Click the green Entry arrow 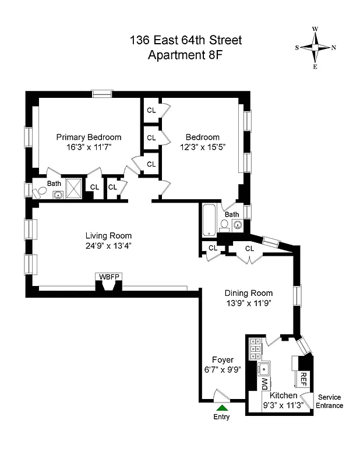[x=221, y=408]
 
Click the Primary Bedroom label [x=89, y=137]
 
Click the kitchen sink [x=264, y=368]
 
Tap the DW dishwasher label [x=264, y=383]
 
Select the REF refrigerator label [x=303, y=379]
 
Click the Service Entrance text [x=328, y=402]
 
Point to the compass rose [x=315, y=47]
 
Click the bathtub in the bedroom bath [x=209, y=220]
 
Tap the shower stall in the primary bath [x=74, y=188]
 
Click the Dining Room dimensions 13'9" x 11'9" [x=248, y=303]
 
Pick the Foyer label [x=223, y=360]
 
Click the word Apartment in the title [x=172, y=55]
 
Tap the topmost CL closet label [x=151, y=110]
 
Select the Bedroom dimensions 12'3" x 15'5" [x=202, y=147]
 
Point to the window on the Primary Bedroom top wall [x=102, y=93]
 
